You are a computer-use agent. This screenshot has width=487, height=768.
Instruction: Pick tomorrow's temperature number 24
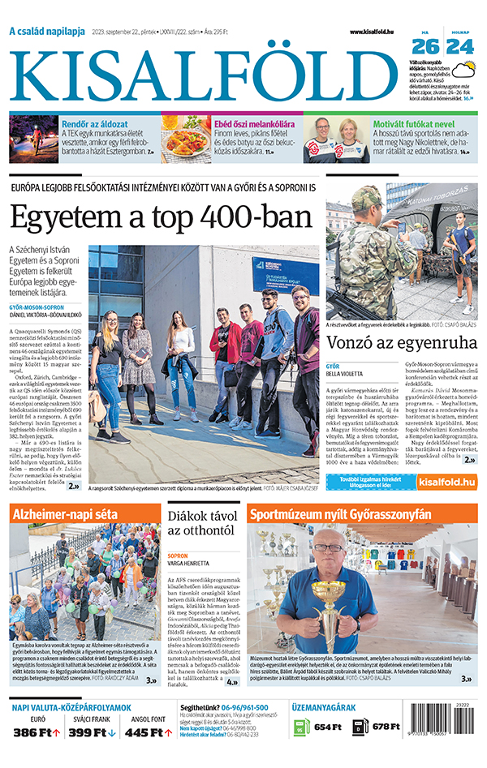click(460, 47)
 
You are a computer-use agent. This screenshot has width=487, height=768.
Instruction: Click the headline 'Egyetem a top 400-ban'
click(161, 217)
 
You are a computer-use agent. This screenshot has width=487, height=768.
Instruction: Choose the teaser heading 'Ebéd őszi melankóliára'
click(254, 124)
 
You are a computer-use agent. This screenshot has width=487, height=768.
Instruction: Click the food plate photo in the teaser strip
click(186, 139)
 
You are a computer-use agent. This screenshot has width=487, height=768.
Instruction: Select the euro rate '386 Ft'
click(32, 733)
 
